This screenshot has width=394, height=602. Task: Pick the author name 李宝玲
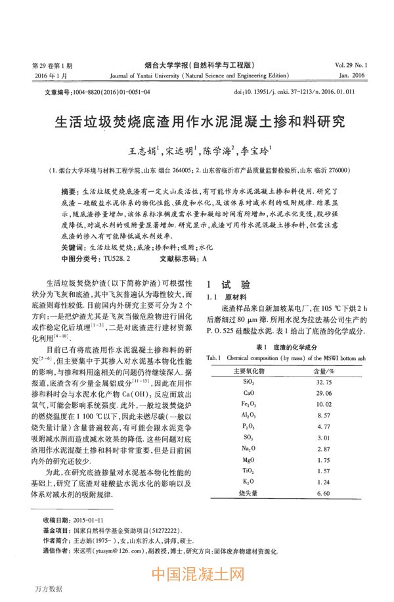pos(257,152)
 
